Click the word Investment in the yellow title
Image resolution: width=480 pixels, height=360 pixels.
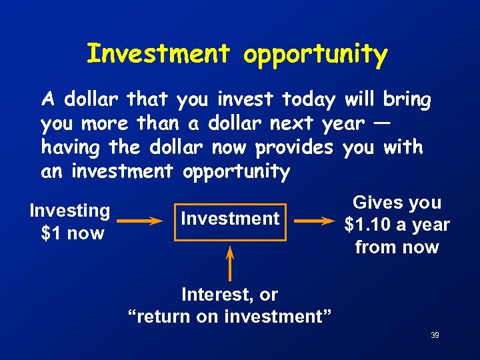(159, 54)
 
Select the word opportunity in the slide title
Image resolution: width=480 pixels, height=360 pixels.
(315, 55)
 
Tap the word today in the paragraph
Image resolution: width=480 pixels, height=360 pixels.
(309, 100)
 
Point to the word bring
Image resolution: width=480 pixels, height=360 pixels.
(407, 100)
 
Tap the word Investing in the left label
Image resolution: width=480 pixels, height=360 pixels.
(70, 211)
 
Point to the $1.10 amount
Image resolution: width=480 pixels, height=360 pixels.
(367, 225)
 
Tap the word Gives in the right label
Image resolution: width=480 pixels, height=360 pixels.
(375, 203)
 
